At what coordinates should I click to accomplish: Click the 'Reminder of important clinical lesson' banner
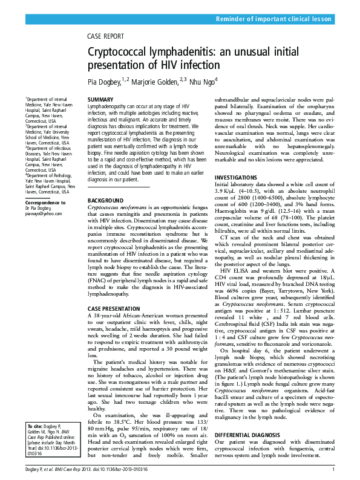(x=274, y=19)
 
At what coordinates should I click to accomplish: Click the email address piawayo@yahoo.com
(x=44, y=213)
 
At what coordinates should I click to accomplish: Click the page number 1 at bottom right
(x=334, y=469)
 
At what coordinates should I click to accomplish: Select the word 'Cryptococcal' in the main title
(x=118, y=53)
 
